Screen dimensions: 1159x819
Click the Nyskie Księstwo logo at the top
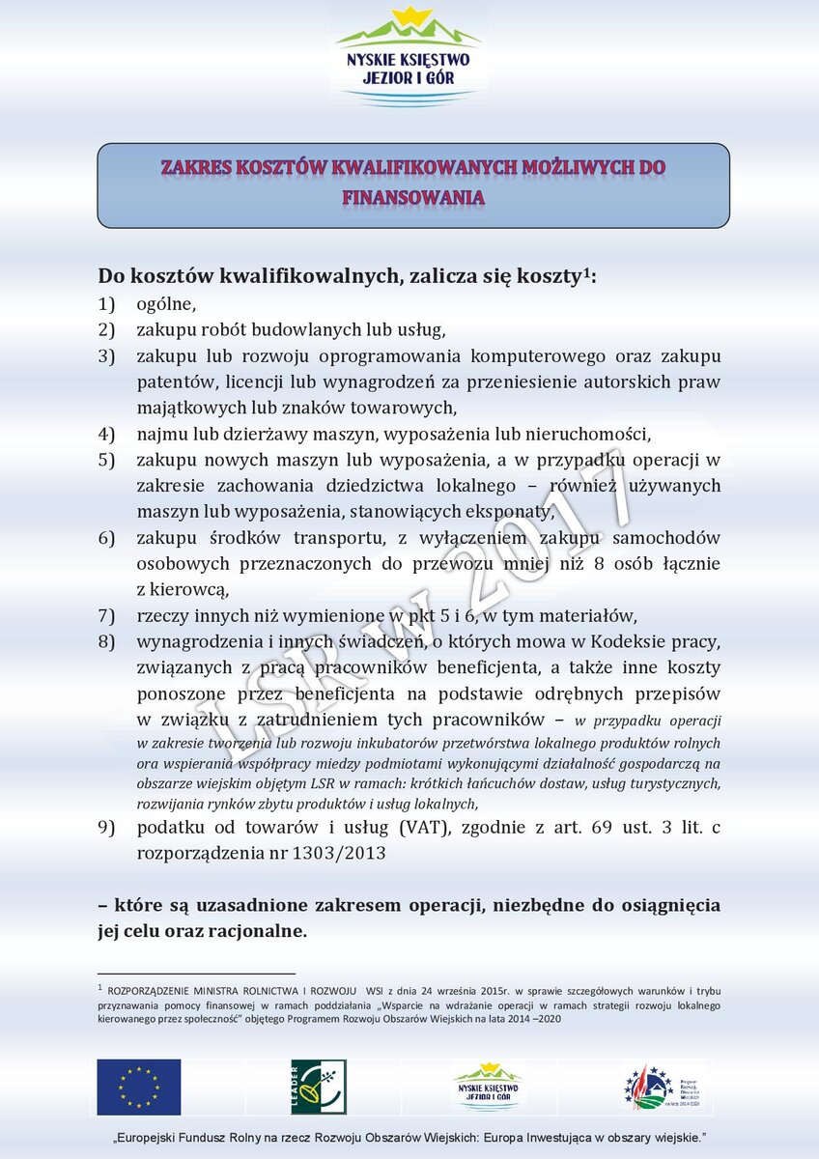(x=409, y=56)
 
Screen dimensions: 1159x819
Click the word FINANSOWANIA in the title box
(x=412, y=198)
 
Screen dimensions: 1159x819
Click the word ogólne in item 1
(x=165, y=305)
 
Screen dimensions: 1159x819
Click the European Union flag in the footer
(x=138, y=1087)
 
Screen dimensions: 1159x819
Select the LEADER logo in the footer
(x=319, y=1087)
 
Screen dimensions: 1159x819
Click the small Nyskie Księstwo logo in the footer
(x=488, y=1087)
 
